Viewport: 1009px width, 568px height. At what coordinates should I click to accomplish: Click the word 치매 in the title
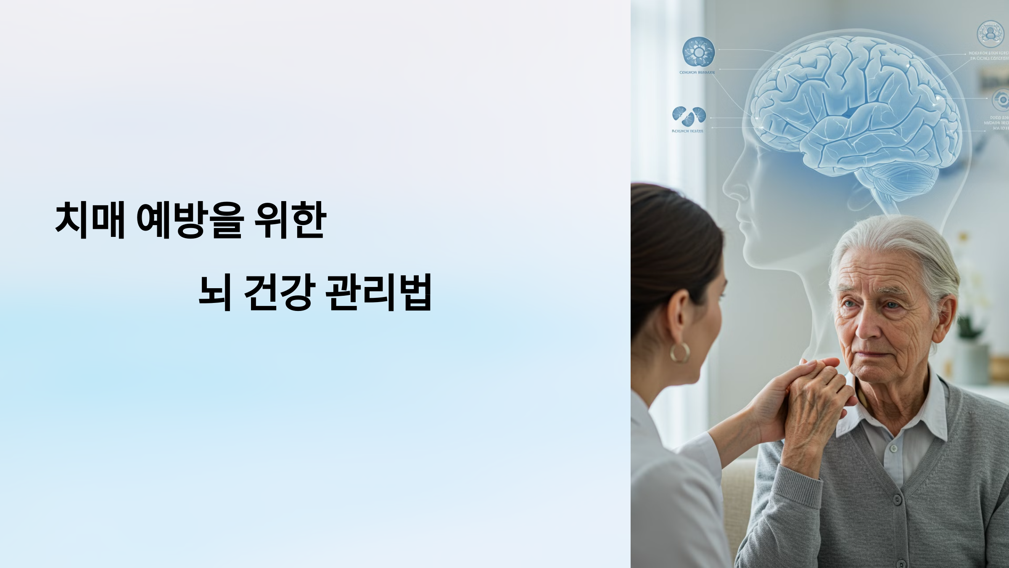pos(90,220)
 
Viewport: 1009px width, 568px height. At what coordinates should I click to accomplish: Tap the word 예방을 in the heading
pos(190,220)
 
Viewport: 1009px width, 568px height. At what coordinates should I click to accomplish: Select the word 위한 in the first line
pos(291,220)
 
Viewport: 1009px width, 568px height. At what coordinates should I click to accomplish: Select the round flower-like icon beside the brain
pos(698,52)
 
